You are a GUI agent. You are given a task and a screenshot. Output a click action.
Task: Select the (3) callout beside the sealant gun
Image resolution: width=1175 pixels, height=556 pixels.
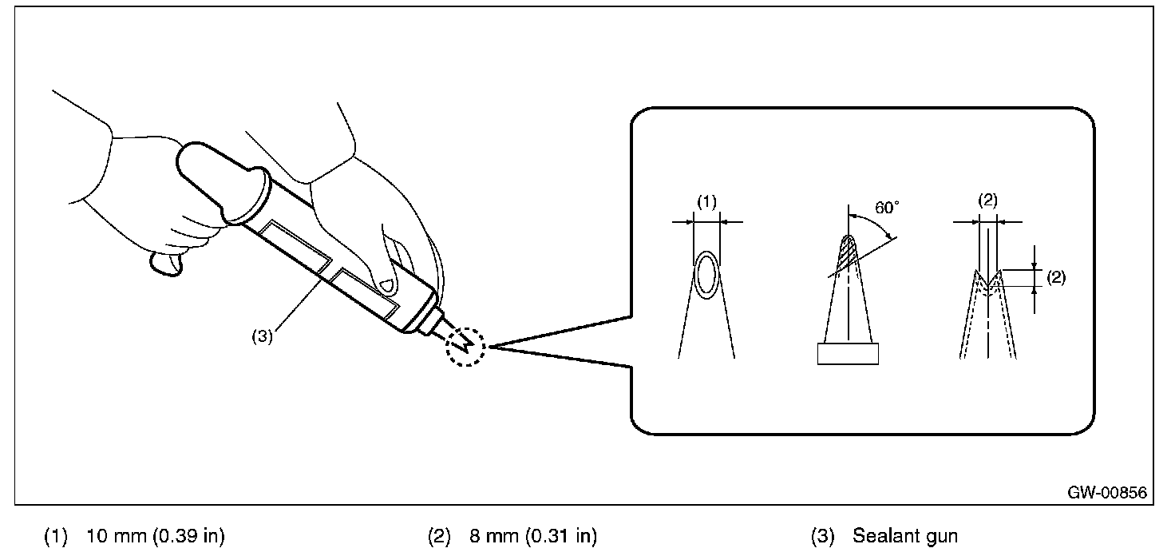pyautogui.click(x=262, y=336)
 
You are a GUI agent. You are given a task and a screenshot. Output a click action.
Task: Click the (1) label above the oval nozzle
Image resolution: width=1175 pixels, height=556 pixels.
pyautogui.click(x=706, y=203)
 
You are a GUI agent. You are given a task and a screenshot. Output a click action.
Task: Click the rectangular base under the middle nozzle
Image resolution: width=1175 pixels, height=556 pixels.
pyautogui.click(x=848, y=353)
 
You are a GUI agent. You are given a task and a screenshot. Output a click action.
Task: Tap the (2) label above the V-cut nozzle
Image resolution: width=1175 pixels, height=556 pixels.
pyautogui.click(x=987, y=201)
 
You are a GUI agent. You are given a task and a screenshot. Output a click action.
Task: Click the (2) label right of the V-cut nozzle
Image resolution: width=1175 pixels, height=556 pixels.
pyautogui.click(x=1055, y=277)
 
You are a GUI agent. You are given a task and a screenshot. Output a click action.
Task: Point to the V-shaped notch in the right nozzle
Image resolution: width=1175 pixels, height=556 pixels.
pyautogui.click(x=988, y=282)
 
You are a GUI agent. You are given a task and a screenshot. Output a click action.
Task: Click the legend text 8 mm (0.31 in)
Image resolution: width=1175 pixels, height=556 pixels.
pyautogui.click(x=532, y=536)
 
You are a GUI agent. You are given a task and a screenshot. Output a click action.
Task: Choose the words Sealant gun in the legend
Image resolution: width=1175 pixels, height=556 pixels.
pyautogui.click(x=904, y=536)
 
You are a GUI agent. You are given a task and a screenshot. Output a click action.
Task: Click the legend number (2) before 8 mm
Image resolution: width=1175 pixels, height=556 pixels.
pyautogui.click(x=440, y=536)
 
